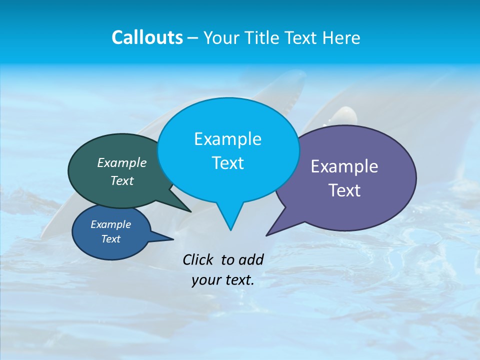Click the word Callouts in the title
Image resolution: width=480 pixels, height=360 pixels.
point(147,37)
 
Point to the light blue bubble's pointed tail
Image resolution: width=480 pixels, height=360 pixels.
point(230,220)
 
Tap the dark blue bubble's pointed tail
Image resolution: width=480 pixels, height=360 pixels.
point(162,237)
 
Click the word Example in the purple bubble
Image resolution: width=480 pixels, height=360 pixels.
point(344,166)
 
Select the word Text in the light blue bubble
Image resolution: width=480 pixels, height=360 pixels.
point(228,163)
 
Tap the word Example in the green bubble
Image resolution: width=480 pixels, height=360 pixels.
point(122,163)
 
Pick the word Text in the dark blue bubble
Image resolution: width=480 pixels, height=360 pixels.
point(111,239)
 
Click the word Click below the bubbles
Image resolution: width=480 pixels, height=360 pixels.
point(199,259)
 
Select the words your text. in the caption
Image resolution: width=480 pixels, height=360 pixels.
point(223,280)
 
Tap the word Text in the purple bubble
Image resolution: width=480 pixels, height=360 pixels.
point(345,190)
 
